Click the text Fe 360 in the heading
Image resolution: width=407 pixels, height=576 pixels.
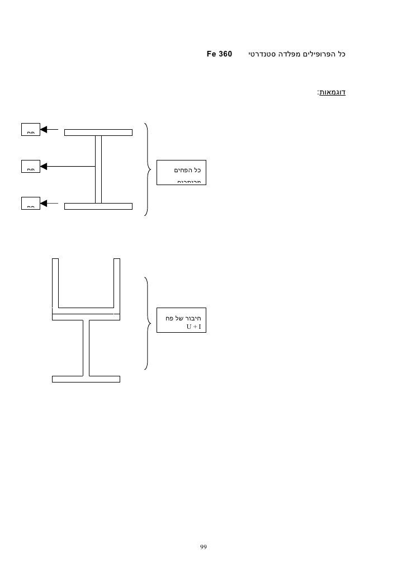click(x=219, y=55)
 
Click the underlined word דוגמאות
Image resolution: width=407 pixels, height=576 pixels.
click(x=332, y=92)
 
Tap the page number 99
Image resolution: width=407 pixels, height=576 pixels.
click(x=203, y=546)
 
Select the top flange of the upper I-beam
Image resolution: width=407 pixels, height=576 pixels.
click(x=98, y=133)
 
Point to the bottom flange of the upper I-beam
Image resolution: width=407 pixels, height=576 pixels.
click(x=98, y=206)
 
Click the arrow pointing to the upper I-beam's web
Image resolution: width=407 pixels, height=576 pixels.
click(x=67, y=166)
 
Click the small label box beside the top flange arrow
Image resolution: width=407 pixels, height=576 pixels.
click(x=31, y=130)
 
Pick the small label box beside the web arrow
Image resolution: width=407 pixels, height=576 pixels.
click(x=31, y=166)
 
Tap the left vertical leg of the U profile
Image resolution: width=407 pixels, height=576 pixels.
click(x=55, y=282)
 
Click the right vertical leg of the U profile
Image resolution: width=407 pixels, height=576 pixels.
click(x=117, y=282)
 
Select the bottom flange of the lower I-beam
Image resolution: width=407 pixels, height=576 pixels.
click(x=86, y=379)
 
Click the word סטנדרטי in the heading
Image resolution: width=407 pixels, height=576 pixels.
click(x=262, y=55)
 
